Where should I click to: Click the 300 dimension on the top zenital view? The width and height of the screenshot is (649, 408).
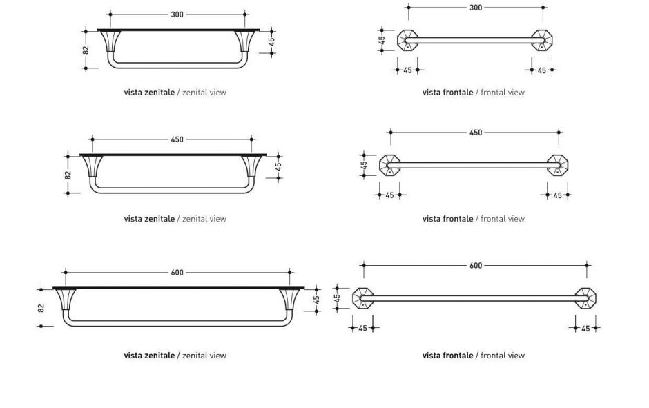(x=177, y=14)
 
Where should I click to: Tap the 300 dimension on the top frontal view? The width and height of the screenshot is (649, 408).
(x=476, y=8)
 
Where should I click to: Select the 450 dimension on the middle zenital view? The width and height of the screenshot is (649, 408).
(x=177, y=139)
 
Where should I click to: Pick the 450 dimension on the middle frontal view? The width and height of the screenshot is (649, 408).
(x=476, y=133)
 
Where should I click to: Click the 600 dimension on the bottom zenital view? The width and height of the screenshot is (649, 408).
(x=177, y=273)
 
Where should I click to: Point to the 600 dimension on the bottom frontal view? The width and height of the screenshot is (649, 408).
(x=476, y=265)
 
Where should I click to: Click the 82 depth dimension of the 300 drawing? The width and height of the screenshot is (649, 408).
(x=86, y=50)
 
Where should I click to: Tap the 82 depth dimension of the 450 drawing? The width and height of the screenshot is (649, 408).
(x=68, y=175)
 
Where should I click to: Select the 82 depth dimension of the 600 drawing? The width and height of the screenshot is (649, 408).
(x=41, y=308)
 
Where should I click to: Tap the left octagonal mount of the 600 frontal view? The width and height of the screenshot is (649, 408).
(x=362, y=298)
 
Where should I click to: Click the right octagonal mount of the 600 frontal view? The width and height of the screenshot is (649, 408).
(x=586, y=298)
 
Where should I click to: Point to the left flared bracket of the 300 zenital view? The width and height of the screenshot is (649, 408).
(x=111, y=41)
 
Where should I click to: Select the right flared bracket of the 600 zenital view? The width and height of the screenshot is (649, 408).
(x=289, y=300)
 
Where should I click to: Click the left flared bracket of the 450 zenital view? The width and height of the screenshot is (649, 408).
(x=93, y=166)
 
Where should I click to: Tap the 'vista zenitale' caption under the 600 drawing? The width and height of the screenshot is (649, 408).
(x=150, y=356)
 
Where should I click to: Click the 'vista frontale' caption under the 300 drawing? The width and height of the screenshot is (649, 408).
(x=448, y=93)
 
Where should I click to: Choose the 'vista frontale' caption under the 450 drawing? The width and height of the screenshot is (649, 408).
(x=448, y=219)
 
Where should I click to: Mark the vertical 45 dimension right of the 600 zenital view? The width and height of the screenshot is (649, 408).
(x=317, y=299)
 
